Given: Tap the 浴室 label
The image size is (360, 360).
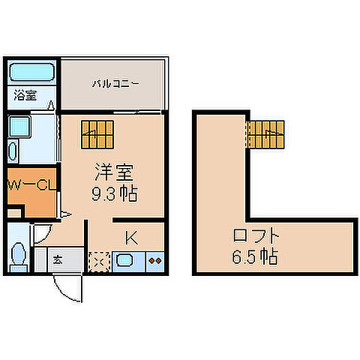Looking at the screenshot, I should coord(24,95).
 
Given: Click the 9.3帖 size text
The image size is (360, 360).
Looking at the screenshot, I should coord(112,194).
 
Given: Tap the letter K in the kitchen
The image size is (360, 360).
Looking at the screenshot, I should coord(130,239).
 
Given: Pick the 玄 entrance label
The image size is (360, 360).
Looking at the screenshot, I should coord(58,260).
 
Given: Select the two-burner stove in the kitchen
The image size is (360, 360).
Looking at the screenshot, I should coord(155,262).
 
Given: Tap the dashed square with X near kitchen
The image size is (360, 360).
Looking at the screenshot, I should coord(99,262).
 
